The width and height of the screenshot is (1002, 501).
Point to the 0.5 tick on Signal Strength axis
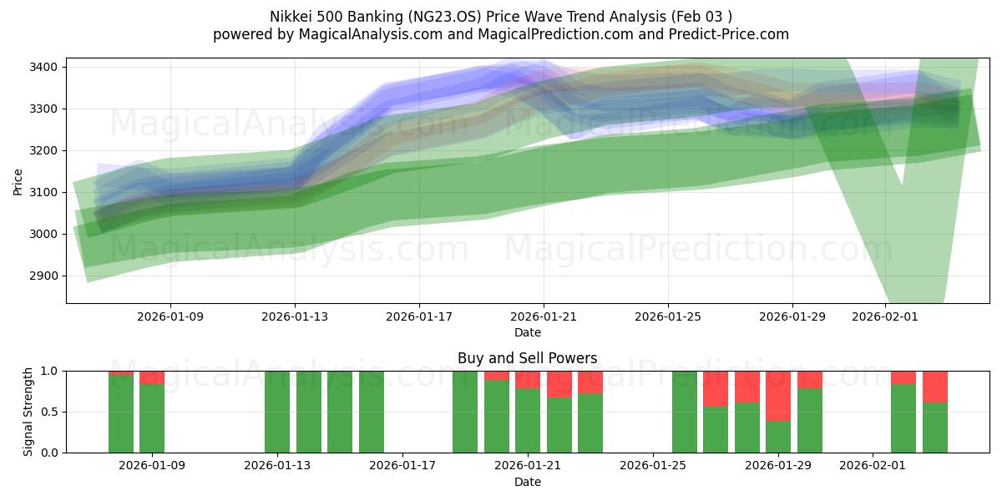(x=49, y=412)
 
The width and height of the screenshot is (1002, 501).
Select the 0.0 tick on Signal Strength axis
(x=49, y=453)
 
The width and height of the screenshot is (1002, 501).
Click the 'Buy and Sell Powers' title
(x=527, y=358)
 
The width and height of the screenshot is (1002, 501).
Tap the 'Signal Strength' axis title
(x=28, y=412)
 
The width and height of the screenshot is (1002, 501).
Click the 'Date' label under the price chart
(x=527, y=332)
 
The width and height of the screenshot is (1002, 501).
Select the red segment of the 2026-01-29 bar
(x=778, y=396)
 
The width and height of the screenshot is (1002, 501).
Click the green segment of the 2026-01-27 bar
(x=716, y=429)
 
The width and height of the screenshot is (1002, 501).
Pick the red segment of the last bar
(x=935, y=387)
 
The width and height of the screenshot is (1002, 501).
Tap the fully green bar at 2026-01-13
(x=277, y=412)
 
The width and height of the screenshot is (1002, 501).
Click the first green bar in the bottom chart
(x=121, y=414)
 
